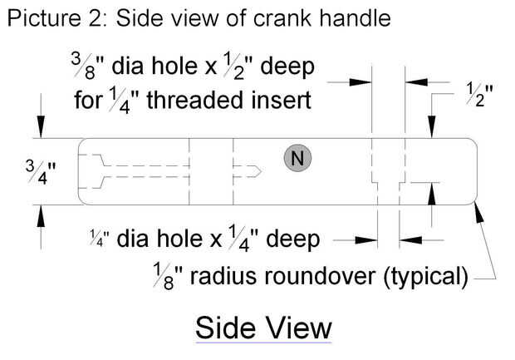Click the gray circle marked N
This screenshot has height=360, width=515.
pyautogui.click(x=297, y=158)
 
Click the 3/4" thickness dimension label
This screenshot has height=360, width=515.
pyautogui.click(x=41, y=172)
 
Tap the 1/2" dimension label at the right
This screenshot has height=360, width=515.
pyautogui.click(x=479, y=95)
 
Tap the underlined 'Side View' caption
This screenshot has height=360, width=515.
pyautogui.click(x=263, y=328)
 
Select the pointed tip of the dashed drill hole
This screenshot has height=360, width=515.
pyautogui.click(x=261, y=171)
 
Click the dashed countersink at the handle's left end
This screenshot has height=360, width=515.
pyautogui.click(x=92, y=171)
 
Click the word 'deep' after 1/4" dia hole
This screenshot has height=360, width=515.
pyautogui.click(x=292, y=239)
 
